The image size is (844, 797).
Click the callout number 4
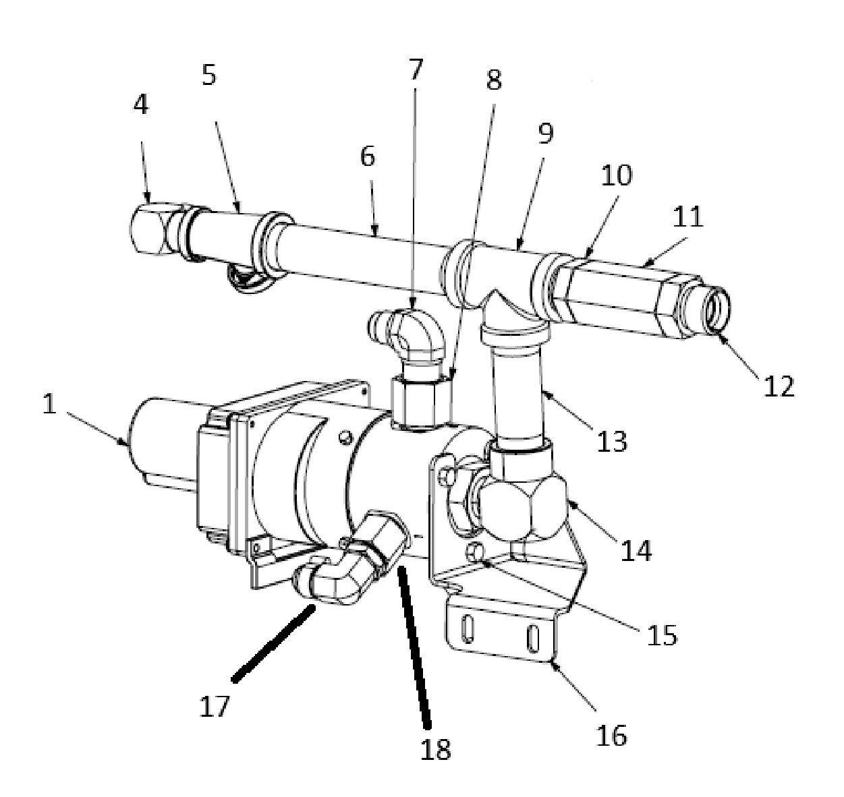pyautogui.click(x=140, y=105)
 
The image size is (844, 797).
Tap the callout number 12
pyautogui.click(x=779, y=386)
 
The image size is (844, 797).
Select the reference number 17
pyautogui.click(x=214, y=707)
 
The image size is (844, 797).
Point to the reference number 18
pyautogui.click(x=435, y=749)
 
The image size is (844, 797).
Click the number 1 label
pyautogui.click(x=50, y=404)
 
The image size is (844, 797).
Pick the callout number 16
pyautogui.click(x=611, y=736)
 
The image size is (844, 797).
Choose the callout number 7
pyautogui.click(x=416, y=69)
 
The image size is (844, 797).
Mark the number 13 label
pyautogui.click(x=612, y=441)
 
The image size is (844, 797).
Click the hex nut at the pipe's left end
pyautogui.click(x=148, y=229)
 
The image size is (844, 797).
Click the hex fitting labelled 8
pyautogui.click(x=414, y=401)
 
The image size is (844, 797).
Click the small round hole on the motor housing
pyautogui.click(x=346, y=438)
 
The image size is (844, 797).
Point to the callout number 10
pyautogui.click(x=616, y=175)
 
